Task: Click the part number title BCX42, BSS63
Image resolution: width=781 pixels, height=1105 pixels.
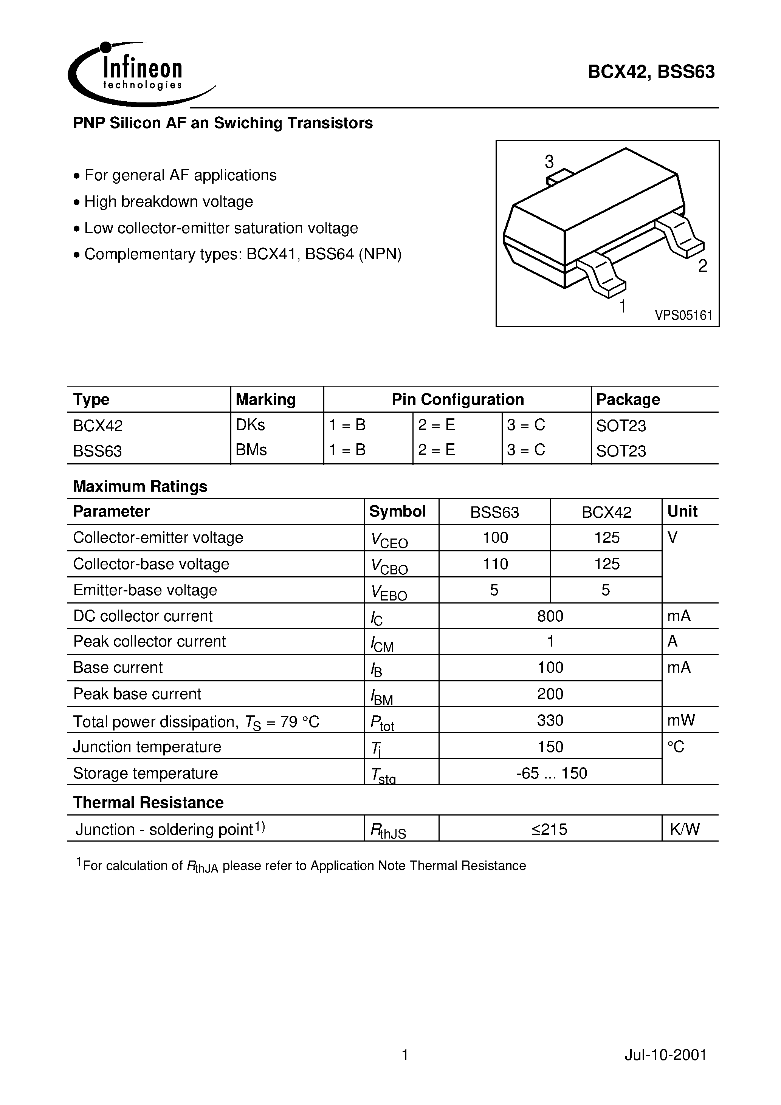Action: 651,72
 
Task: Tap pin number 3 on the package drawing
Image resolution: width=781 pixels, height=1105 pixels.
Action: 549,162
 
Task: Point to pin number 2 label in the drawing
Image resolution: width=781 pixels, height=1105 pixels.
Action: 702,266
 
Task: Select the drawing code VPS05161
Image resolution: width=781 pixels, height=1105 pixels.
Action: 683,316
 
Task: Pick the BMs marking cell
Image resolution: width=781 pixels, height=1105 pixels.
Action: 251,450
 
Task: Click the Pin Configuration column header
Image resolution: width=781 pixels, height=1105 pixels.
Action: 457,399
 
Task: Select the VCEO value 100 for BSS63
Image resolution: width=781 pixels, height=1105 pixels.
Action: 495,538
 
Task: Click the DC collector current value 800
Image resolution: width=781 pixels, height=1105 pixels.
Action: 550,616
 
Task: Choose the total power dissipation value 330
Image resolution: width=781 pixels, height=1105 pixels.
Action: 550,720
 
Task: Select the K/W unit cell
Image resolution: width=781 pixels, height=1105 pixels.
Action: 684,829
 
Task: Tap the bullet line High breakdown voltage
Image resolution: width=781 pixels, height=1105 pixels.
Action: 169,202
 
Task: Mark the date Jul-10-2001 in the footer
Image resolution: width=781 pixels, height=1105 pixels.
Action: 665,1055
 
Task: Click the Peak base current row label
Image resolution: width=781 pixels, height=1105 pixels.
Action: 137,694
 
